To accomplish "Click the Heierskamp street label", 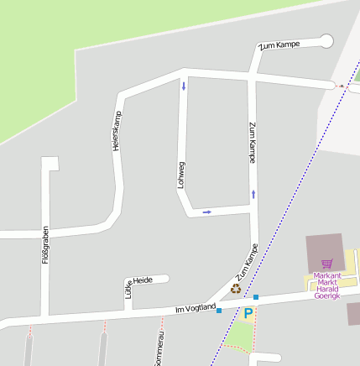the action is [x=117, y=131].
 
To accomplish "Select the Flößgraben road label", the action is [x=46, y=245].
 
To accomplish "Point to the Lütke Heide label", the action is [x=139, y=286].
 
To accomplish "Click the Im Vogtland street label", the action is [x=195, y=311].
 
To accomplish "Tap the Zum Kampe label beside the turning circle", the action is [x=279, y=44].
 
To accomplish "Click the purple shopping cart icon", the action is [x=326, y=264].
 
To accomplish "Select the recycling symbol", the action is [x=236, y=289].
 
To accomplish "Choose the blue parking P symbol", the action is [x=248, y=313].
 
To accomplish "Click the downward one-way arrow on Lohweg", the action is [x=183, y=86].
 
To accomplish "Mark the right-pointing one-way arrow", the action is [x=206, y=212].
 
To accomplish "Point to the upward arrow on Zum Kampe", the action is [x=253, y=194].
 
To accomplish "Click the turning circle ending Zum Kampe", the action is [x=326, y=40].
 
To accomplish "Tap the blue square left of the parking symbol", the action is [x=219, y=311].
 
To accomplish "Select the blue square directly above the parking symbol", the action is [x=256, y=297].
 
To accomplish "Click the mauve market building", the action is [x=325, y=252].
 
